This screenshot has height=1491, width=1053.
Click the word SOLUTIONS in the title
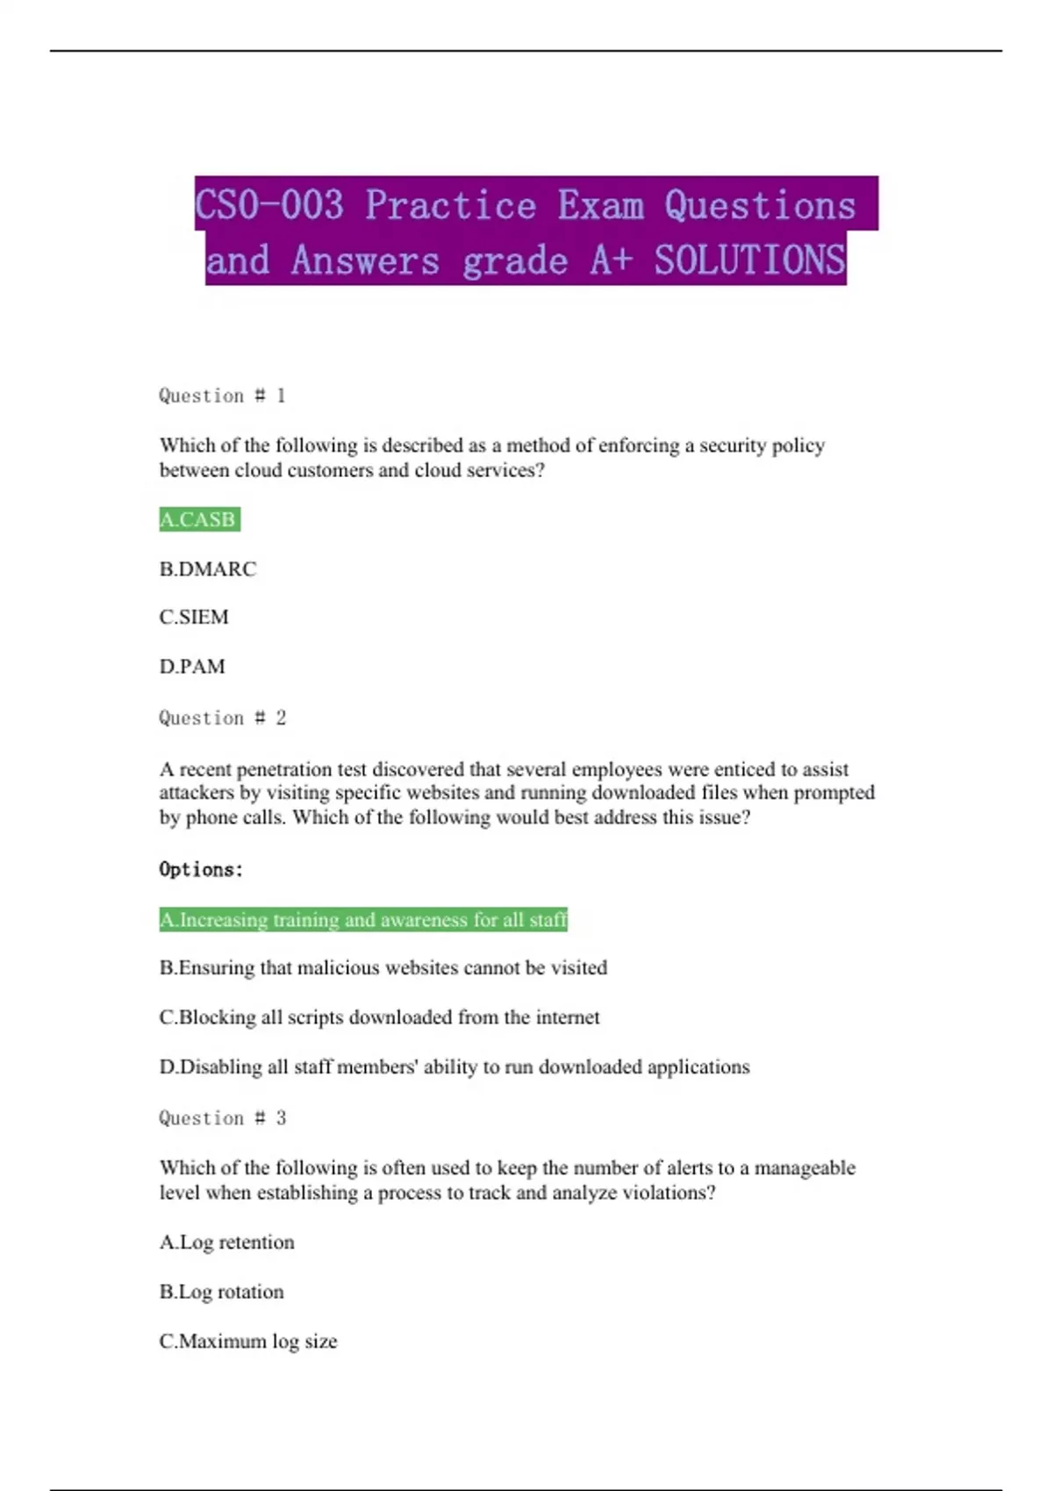(x=749, y=260)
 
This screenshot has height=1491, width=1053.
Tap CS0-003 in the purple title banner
(x=269, y=205)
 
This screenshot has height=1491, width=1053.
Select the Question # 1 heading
(x=222, y=396)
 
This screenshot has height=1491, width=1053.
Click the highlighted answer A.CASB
(x=198, y=519)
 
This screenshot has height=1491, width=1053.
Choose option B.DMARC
(x=208, y=569)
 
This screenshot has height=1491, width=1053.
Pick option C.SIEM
(x=194, y=617)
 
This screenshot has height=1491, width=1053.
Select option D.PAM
(x=192, y=667)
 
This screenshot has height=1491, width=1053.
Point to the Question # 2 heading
(x=222, y=718)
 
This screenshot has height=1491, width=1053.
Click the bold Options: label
(x=201, y=869)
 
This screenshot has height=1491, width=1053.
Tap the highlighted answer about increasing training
(x=363, y=919)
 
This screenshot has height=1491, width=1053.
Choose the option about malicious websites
(x=383, y=968)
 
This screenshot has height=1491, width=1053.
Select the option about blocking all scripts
(x=380, y=1017)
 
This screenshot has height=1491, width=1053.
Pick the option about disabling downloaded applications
(x=455, y=1067)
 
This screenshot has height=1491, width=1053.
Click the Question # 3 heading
(x=222, y=1118)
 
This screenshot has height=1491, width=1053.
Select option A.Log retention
(x=227, y=1243)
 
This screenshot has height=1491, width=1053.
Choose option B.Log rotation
(x=222, y=1292)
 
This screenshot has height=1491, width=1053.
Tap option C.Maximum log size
(x=248, y=1342)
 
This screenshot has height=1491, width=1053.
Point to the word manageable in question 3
(x=805, y=1168)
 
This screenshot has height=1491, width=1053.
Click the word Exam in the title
(x=601, y=205)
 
